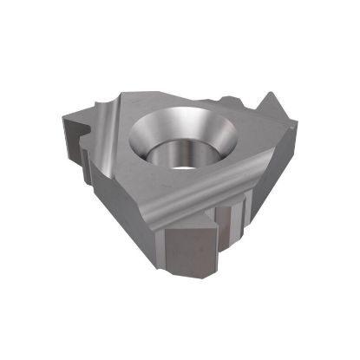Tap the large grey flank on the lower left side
point(130,208)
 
